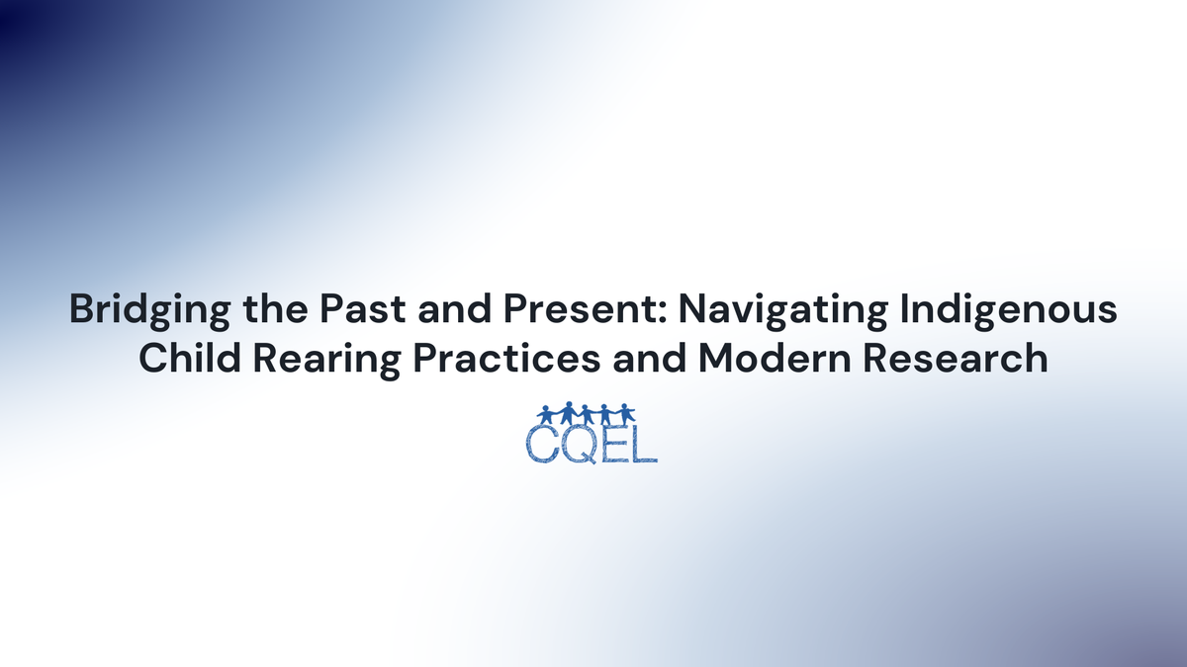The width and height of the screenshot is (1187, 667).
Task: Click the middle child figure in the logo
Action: click(588, 413)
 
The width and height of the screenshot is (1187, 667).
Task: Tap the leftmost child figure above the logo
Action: click(544, 413)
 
